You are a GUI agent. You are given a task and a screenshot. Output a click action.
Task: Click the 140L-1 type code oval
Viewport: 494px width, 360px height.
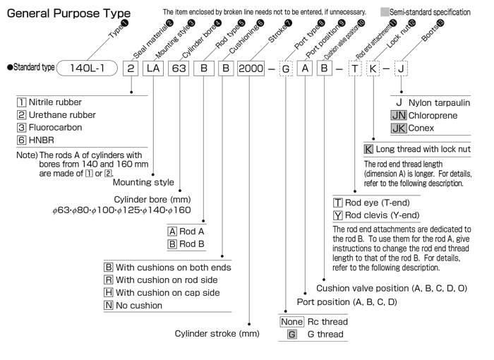pos(87,68)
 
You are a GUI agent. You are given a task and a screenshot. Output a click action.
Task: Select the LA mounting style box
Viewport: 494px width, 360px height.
pos(153,68)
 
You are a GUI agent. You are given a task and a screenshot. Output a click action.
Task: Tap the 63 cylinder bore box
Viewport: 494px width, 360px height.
pos(179,68)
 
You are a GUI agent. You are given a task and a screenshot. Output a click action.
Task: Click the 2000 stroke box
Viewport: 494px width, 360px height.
pos(251,68)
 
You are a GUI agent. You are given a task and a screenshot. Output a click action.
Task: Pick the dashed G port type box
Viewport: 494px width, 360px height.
pos(286,68)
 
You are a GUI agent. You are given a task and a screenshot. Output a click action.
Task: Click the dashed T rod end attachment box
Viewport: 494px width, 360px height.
pos(355,68)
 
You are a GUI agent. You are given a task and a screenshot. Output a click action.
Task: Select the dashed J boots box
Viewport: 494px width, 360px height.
pos(401,68)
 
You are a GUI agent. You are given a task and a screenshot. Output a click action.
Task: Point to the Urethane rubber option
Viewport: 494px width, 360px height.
pos(56,115)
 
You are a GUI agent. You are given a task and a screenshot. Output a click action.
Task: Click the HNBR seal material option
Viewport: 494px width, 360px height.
pos(35,140)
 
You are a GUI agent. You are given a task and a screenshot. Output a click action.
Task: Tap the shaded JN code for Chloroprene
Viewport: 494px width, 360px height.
pos(399,115)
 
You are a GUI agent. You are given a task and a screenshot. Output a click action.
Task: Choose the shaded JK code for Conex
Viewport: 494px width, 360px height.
pos(399,128)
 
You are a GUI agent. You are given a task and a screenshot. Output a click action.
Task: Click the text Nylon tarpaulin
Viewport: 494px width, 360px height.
pos(439,103)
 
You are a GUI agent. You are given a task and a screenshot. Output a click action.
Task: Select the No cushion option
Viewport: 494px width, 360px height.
pos(133,305)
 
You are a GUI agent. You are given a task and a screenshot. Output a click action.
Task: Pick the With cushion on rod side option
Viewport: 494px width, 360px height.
pos(161,280)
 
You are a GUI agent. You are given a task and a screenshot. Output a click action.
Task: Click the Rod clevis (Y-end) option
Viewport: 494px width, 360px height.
pos(376,215)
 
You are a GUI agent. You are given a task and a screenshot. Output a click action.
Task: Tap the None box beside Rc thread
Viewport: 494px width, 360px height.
pos(291,322)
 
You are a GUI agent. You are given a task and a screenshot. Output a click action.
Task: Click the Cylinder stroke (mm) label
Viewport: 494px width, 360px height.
pos(217,333)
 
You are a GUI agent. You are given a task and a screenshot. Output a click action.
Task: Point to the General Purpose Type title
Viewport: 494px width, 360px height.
pos(68,13)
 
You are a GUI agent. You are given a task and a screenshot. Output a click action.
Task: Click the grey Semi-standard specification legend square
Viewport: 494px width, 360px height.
pos(385,12)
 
